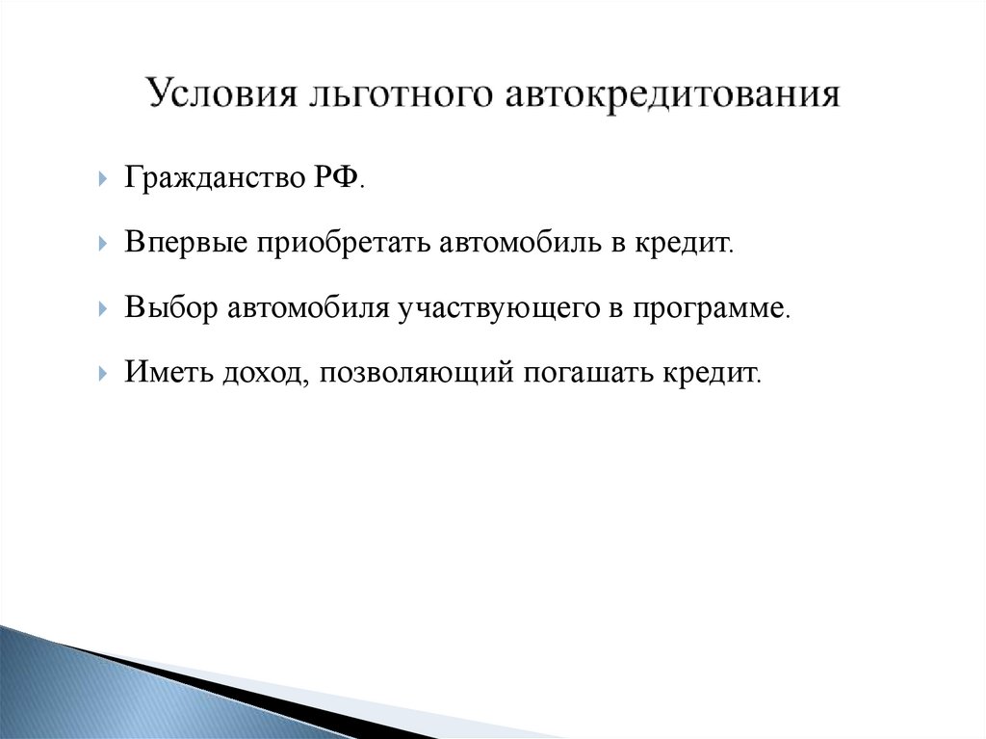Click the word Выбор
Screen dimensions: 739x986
169,308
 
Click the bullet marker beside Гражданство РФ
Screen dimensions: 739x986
102,180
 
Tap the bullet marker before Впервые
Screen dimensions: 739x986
102,245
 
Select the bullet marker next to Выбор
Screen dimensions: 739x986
102,309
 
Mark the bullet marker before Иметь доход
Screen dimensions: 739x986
102,374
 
